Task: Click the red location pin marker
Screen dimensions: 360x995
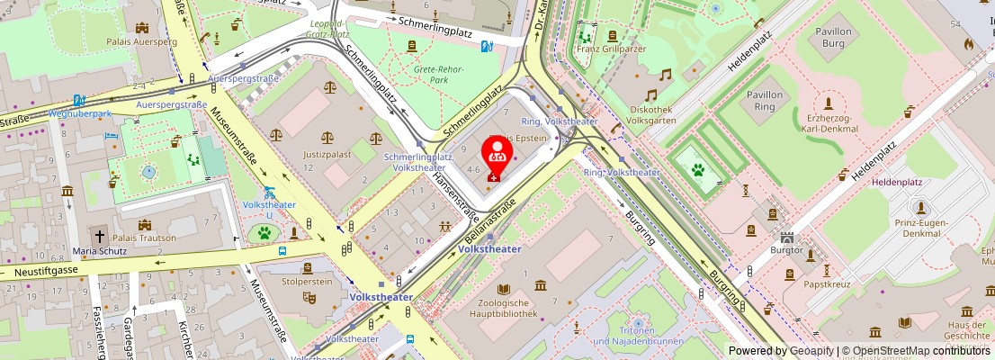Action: [x=497, y=157]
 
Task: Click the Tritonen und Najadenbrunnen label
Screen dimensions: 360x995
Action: [x=638, y=336]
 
